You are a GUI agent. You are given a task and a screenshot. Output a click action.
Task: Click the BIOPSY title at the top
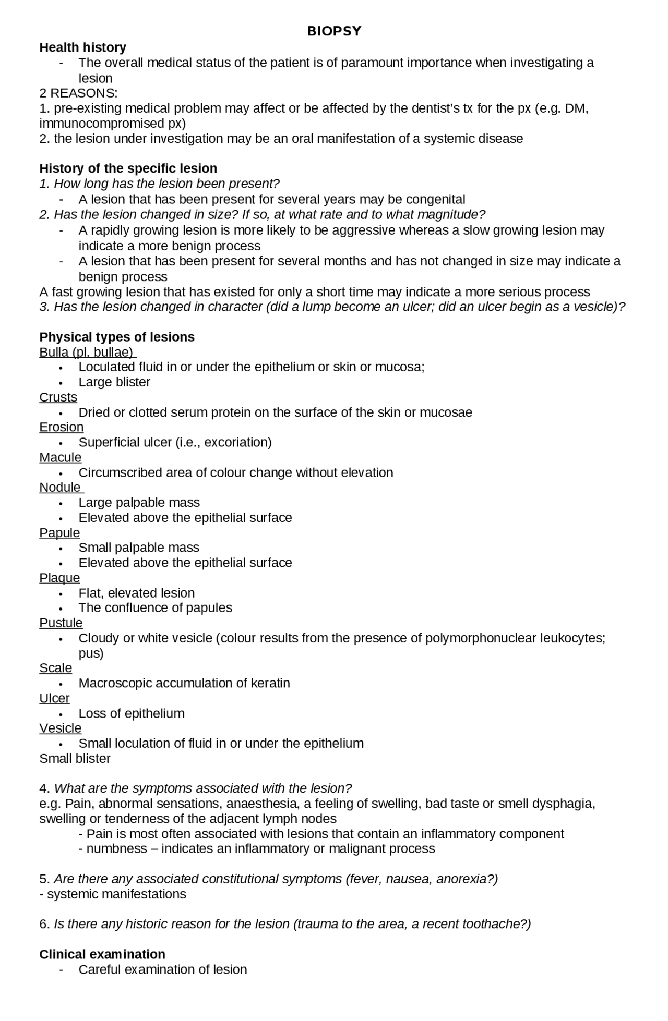[x=334, y=31]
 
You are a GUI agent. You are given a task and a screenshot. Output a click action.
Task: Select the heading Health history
[x=82, y=47]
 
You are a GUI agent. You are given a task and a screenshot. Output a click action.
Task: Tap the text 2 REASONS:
[x=78, y=93]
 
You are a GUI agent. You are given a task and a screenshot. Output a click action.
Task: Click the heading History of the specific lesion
[x=128, y=168]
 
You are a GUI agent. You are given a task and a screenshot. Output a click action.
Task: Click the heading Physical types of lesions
[x=117, y=337]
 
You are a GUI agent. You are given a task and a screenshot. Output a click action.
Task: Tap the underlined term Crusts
[x=58, y=397]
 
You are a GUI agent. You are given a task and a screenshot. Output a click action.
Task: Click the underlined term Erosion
[x=61, y=427]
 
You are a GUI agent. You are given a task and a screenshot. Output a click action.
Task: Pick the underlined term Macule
[x=60, y=457]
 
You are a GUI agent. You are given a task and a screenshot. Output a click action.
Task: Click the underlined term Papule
[x=59, y=533]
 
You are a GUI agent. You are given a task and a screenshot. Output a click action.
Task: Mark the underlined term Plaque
[x=59, y=578]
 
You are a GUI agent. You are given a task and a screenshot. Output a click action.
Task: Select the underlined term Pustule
[x=61, y=623]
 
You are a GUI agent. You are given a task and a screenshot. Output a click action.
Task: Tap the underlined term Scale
[x=55, y=668]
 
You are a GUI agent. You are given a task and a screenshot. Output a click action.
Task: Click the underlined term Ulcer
[x=54, y=698]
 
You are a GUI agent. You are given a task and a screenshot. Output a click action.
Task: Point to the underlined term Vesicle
[x=60, y=728]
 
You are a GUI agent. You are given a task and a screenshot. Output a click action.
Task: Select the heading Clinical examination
[x=102, y=954]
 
